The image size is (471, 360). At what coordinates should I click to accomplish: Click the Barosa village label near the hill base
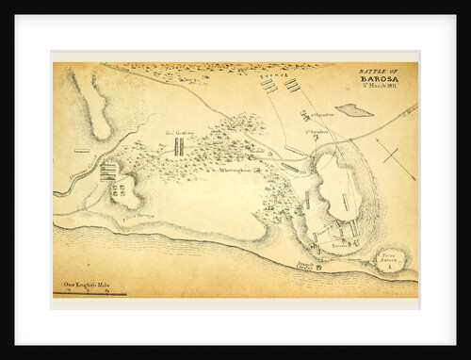click(337, 244)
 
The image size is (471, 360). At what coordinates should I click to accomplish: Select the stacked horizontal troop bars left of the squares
click(110, 170)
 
